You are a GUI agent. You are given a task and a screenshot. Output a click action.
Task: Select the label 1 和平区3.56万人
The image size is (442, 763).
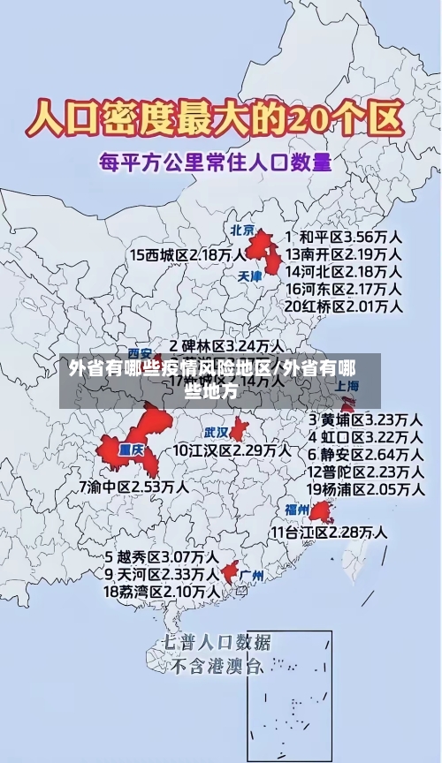(344, 238)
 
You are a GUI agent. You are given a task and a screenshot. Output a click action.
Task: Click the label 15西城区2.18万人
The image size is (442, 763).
(188, 255)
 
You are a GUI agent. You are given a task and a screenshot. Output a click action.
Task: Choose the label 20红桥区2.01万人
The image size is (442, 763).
(344, 306)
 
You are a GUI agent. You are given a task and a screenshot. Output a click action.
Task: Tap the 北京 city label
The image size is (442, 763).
(242, 230)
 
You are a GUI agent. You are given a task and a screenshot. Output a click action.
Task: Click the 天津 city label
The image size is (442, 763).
(251, 276)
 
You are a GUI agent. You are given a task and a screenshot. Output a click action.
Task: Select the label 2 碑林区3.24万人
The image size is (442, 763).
(226, 345)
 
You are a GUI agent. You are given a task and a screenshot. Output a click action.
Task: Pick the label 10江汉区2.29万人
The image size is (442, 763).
(232, 450)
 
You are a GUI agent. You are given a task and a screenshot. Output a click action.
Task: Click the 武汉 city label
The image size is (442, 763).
(217, 433)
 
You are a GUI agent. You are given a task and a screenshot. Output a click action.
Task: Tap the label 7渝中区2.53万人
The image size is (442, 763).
(133, 487)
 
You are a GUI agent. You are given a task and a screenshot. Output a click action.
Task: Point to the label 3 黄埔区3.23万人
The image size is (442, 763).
(364, 419)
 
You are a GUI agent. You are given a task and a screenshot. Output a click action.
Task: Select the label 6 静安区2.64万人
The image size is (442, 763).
(364, 454)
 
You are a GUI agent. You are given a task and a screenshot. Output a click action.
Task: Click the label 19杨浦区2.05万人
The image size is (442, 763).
(364, 488)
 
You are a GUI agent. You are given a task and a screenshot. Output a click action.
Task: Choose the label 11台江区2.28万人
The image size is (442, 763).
(329, 532)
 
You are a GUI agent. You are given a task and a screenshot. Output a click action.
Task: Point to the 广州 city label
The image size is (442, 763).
(252, 576)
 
